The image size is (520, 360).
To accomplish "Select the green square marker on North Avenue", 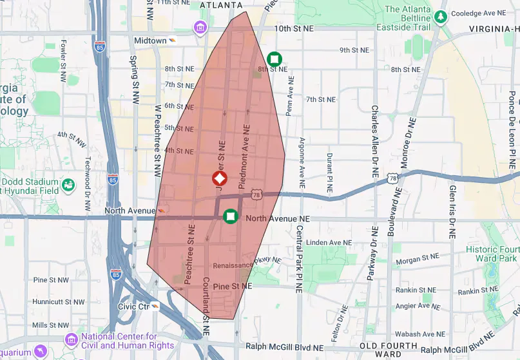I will pyautogui.click(x=230, y=217).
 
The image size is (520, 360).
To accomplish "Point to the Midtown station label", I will pyautogui.click(x=150, y=40).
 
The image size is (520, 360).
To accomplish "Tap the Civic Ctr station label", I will pyautogui.click(x=133, y=307).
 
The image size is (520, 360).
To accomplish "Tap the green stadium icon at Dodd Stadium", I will pyautogui.click(x=68, y=186).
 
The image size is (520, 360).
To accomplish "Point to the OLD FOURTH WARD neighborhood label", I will pyautogui.click(x=389, y=350).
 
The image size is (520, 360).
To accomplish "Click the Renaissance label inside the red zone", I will pyautogui.click(x=233, y=265).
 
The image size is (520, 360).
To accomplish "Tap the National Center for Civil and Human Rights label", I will pyautogui.click(x=119, y=341).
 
